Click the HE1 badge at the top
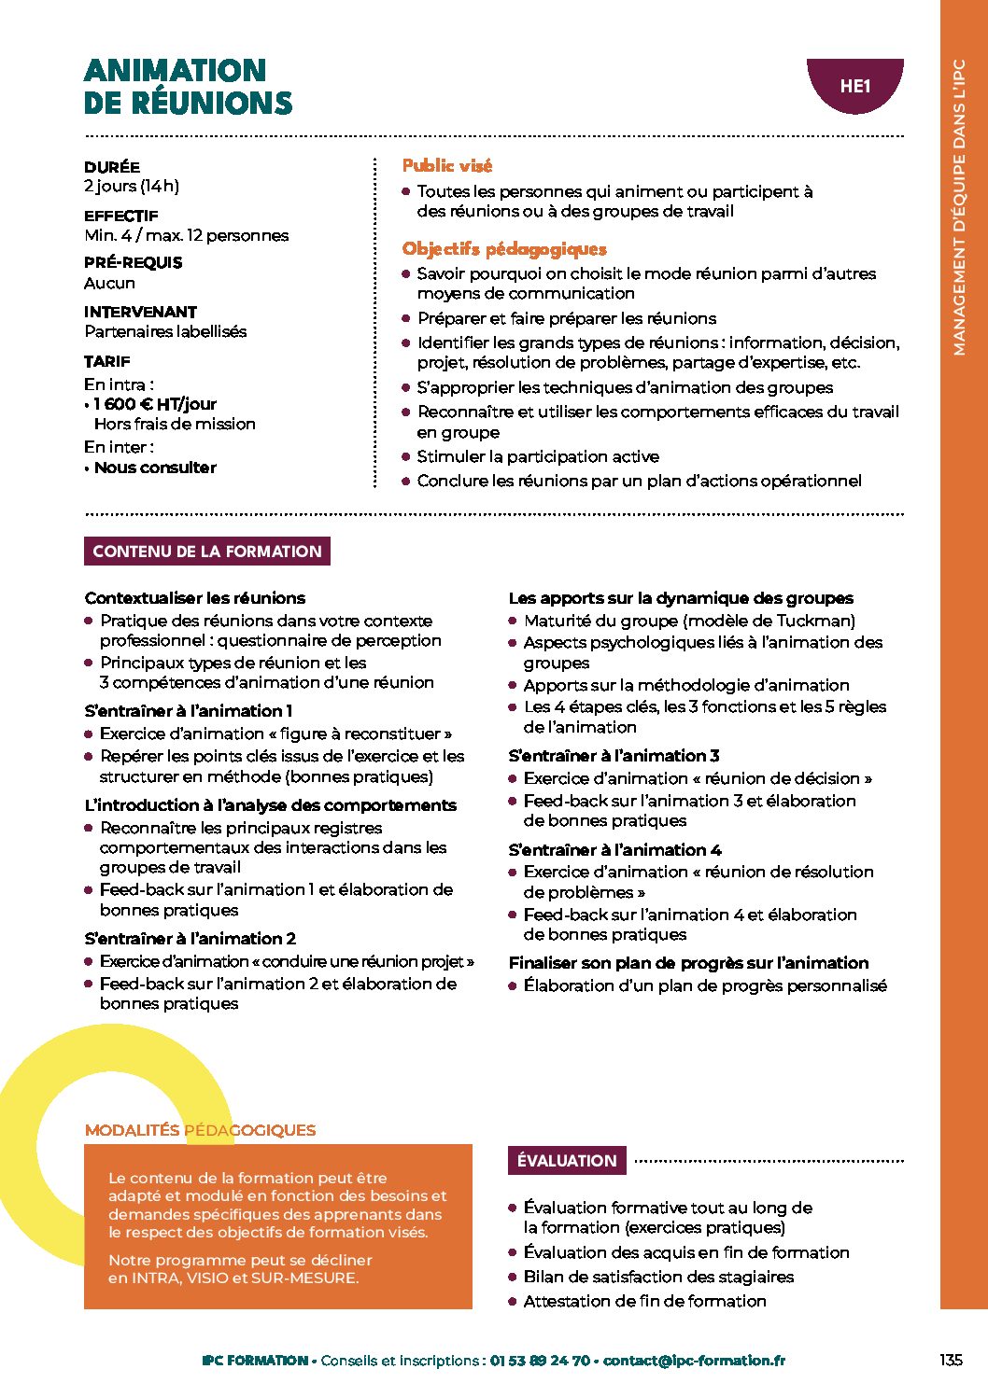pos(854,87)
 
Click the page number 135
pos(951,1360)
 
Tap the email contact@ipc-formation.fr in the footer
pos(694,1361)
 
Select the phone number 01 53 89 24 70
pos(540,1361)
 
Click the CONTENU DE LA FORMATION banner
pos(207,552)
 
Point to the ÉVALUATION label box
pos(567,1161)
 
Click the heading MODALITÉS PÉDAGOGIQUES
pos(200,1130)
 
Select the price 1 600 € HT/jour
pos(155,404)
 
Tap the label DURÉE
pos(112,167)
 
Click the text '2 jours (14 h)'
pos(132,187)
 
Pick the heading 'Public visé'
pos(446,166)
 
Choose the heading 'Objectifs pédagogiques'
pos(504,249)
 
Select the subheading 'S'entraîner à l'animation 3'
pos(614,756)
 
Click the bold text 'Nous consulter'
pos(155,468)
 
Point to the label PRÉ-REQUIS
pos(133,263)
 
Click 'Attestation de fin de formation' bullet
pos(644,1301)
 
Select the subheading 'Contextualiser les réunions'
pos(194,598)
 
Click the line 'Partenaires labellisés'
pos(165,332)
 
